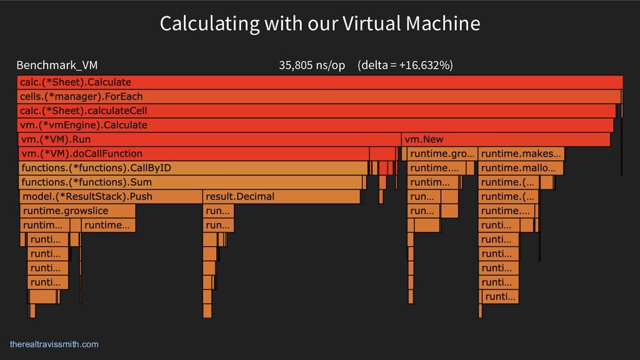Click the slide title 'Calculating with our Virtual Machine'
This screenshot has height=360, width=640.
[x=319, y=24]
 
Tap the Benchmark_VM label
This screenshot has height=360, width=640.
[x=57, y=65]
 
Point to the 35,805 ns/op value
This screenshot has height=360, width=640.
[x=311, y=65]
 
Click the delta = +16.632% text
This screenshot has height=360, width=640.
[x=405, y=65]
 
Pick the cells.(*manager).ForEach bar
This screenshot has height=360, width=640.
[x=319, y=96]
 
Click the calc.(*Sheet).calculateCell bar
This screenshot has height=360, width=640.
[x=316, y=111]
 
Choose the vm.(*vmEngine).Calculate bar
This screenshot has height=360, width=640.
[x=315, y=125]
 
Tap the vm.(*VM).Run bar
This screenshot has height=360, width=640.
[x=209, y=139]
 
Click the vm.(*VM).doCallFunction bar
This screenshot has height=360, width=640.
[x=194, y=154]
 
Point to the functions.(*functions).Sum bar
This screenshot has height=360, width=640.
[x=191, y=182]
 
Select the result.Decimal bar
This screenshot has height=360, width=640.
[x=281, y=197]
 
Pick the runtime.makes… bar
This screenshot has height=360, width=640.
[x=521, y=154]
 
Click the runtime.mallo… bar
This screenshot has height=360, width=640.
[x=521, y=168]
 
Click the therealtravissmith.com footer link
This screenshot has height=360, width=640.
[x=54, y=344]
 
